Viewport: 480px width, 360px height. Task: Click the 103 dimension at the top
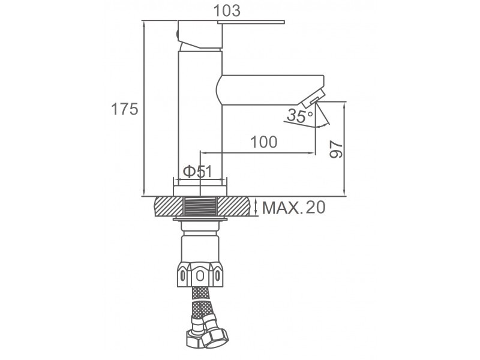click(x=227, y=11)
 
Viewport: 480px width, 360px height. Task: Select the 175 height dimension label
click(x=125, y=109)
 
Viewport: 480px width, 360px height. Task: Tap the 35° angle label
click(x=300, y=116)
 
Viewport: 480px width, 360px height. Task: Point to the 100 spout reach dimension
click(x=264, y=142)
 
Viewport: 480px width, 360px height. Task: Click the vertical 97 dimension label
click(x=336, y=149)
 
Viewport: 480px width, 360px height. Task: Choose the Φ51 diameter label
click(x=197, y=172)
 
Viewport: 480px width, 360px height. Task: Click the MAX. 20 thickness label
click(x=294, y=208)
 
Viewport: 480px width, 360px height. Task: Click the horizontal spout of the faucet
click(x=271, y=90)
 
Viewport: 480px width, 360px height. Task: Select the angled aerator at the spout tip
click(x=313, y=98)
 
